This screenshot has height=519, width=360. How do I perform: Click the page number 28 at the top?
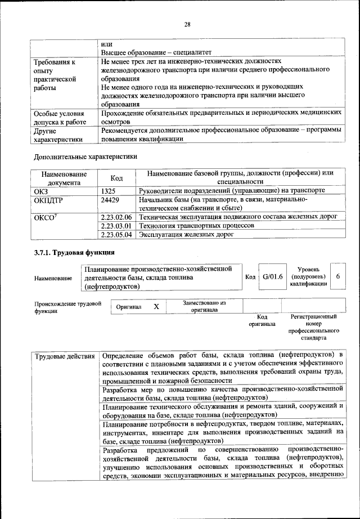(187, 24)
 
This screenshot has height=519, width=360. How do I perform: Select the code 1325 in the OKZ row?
(109, 191)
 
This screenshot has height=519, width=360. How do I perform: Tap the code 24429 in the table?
(111, 200)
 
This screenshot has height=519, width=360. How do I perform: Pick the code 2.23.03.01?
(116, 226)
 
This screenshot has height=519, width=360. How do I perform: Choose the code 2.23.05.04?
(116, 235)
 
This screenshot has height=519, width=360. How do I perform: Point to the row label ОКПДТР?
(49, 200)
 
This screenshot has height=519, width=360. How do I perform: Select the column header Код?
(116, 178)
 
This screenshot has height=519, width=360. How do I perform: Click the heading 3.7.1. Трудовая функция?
(74, 252)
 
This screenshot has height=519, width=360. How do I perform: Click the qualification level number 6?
(337, 277)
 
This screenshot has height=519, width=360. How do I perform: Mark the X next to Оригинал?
(156, 306)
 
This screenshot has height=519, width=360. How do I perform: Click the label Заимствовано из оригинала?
(204, 306)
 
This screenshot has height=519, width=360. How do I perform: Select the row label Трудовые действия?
(64, 356)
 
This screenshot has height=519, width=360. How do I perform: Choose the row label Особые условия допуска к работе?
(60, 117)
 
